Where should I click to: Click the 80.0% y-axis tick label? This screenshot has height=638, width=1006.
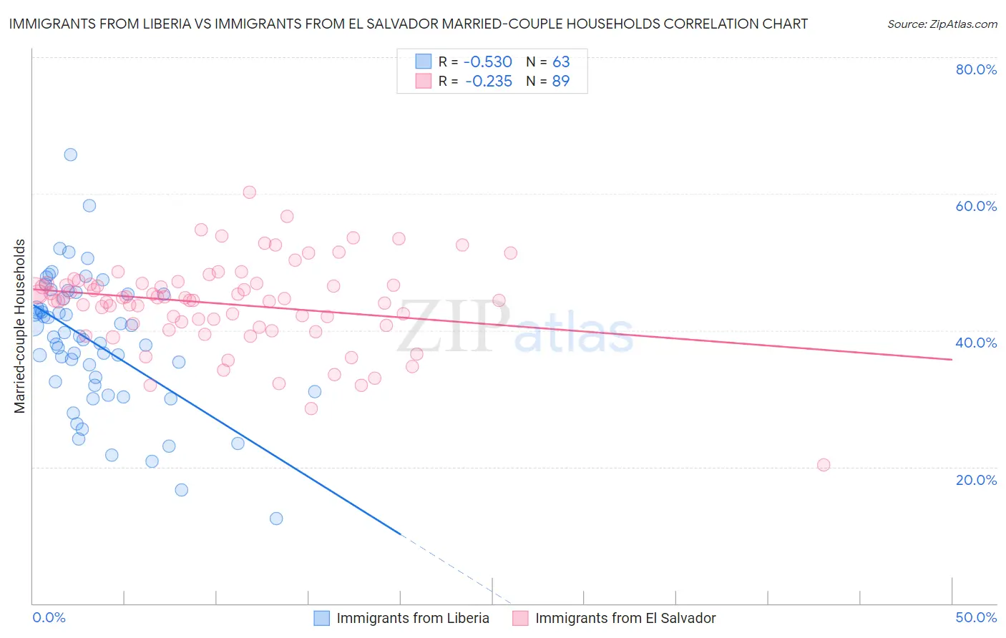coord(976,69)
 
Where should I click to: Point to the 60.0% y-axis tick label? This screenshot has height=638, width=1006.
coord(976,206)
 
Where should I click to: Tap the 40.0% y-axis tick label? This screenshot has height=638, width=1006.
coord(976,343)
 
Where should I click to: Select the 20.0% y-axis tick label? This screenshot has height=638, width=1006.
coord(976,479)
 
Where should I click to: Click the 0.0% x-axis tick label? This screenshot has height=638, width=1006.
coord(49,617)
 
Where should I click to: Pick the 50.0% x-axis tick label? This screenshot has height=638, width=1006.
coord(976,617)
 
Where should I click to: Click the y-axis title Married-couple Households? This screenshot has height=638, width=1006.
coord(20,326)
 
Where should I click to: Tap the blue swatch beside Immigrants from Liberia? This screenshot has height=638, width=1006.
coord(322,618)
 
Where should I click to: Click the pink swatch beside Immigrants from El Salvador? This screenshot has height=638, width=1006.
coord(520,618)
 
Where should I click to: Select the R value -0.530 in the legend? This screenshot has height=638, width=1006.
coord(489,62)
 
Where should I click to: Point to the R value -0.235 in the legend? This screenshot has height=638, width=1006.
coord(489,82)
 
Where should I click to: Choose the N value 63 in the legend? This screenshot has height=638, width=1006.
coord(561,62)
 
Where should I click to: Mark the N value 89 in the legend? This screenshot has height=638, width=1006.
coord(561,82)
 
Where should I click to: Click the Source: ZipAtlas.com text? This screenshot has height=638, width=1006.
coord(942,24)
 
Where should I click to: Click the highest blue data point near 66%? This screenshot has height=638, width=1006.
coord(70,154)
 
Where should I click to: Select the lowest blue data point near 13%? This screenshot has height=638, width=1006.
coord(276,519)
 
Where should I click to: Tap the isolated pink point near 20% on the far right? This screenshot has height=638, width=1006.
coord(824,465)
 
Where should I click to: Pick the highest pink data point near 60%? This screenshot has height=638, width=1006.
coord(250,192)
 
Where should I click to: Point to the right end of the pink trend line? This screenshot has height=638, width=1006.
coord(952,359)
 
